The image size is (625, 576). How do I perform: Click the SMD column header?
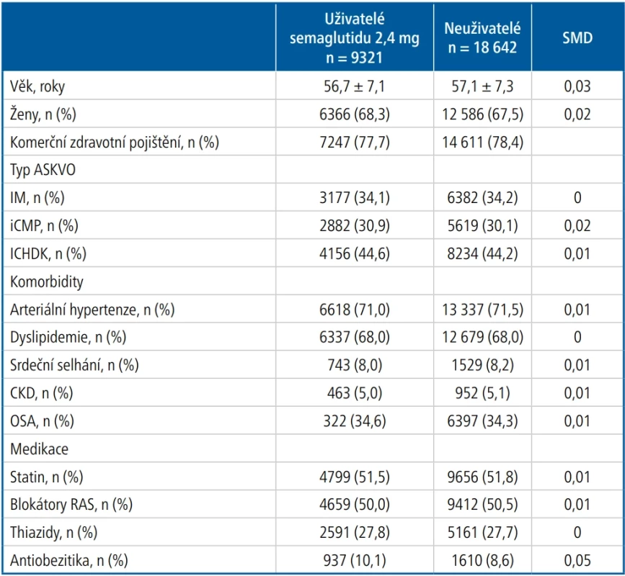click(577, 38)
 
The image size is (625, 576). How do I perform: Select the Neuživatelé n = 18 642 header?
click(482, 38)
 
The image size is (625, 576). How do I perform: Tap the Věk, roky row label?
click(37, 86)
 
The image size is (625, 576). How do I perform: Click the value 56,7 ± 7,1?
click(355, 86)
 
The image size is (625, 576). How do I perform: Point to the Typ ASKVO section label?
click(43, 170)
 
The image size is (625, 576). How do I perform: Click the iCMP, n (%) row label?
click(44, 225)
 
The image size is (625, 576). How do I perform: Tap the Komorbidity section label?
click(47, 282)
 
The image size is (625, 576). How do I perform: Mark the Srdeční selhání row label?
click(74, 365)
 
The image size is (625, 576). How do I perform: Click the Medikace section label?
click(39, 449)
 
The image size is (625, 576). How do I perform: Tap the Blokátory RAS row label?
click(71, 505)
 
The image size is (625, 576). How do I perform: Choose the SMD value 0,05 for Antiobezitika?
click(577, 560)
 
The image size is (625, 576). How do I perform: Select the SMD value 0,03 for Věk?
click(577, 86)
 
